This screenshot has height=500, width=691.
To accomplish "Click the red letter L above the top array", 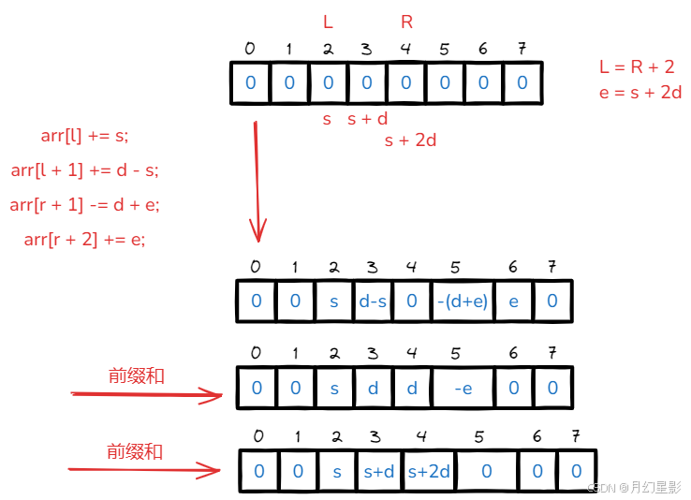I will point(328,22).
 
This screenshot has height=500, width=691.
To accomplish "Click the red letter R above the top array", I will point(406,22).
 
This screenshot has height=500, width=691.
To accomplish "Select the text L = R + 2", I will point(637,66).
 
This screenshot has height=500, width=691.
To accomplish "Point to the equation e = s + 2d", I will point(640,92).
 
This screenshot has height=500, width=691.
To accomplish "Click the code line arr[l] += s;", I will point(84,136).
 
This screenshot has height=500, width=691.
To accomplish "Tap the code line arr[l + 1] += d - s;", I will point(84,169).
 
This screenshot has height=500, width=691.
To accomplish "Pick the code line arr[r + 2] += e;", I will point(84,239).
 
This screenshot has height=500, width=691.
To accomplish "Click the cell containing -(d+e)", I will point(463,301).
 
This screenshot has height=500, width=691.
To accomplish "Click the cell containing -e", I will point(463,388).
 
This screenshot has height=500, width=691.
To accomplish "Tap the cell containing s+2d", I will point(429,471).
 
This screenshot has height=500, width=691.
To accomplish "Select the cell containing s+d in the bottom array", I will point(378,471).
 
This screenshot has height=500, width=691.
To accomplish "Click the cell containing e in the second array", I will point(512,301).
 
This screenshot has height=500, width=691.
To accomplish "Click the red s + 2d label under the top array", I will point(410,140).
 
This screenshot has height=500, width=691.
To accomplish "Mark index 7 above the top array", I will point(522,49).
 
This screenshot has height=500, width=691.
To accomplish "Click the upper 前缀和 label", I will point(137,376).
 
